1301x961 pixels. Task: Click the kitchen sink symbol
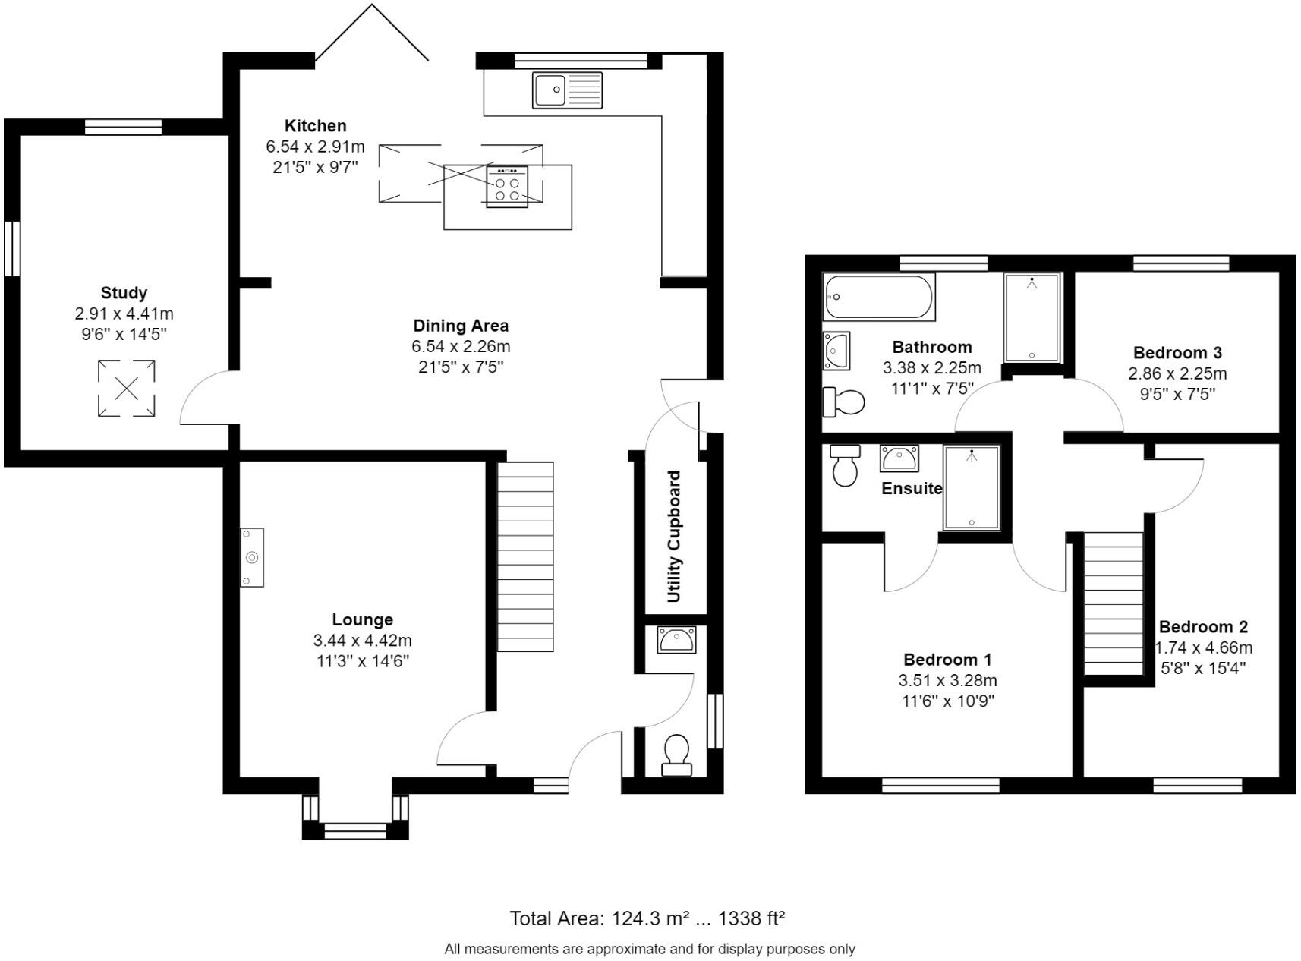click(566, 90)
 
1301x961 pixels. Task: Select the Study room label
click(124, 293)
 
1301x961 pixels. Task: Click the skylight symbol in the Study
click(126, 389)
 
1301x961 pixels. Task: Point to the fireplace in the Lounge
click(252, 557)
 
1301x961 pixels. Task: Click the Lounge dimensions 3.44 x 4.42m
click(362, 641)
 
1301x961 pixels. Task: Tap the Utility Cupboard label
click(673, 537)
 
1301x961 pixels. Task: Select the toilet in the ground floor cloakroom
click(676, 754)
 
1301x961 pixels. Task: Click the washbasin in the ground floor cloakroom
click(676, 640)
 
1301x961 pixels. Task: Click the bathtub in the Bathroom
click(879, 297)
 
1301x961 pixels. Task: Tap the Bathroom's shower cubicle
click(1031, 317)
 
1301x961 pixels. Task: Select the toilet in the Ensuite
click(844, 465)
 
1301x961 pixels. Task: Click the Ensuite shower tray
click(971, 487)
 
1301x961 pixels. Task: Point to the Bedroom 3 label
click(1177, 353)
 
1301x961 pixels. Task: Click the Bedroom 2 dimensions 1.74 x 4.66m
click(1204, 648)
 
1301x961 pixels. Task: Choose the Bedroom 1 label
click(947, 660)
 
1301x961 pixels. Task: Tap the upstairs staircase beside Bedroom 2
click(1113, 604)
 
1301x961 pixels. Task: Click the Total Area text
click(647, 919)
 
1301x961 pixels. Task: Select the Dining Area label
click(461, 326)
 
